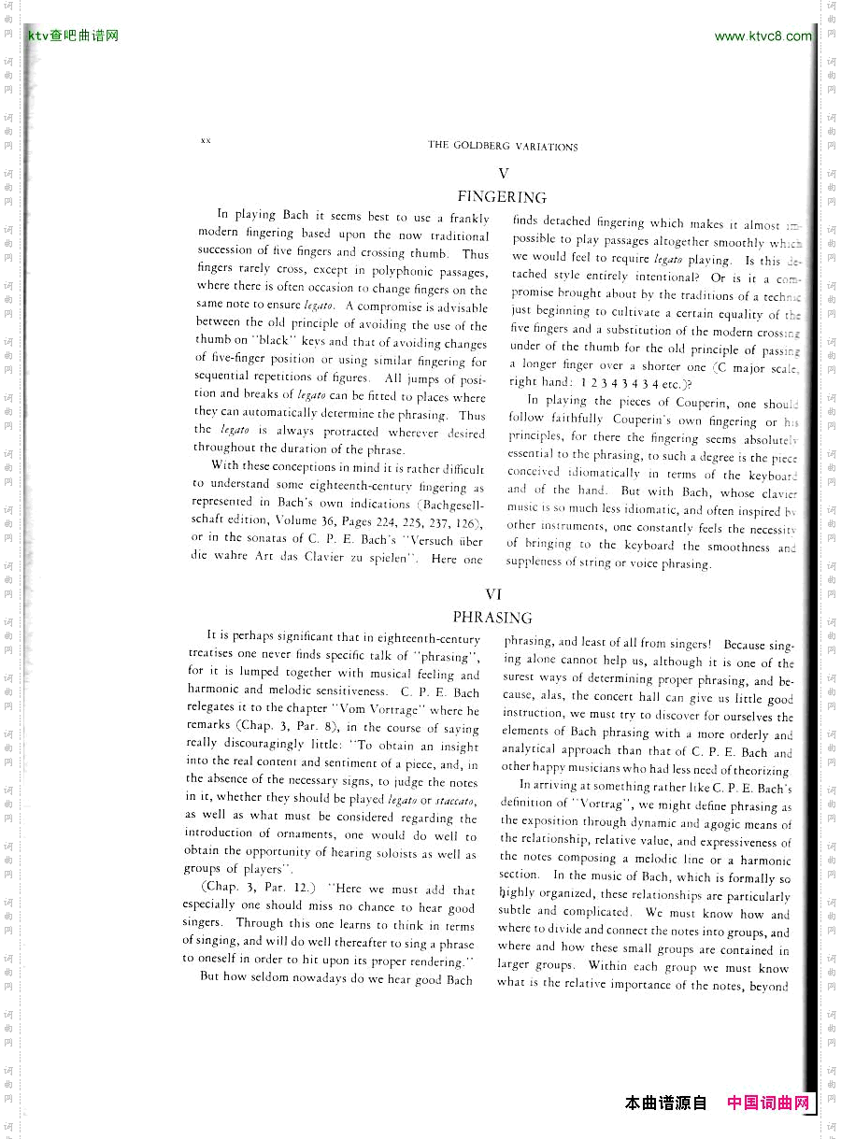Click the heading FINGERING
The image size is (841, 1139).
(502, 197)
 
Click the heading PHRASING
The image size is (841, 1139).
(492, 618)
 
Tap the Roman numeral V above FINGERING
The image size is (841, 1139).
(503, 173)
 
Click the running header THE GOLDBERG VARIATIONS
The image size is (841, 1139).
(503, 146)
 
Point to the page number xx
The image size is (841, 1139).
(206, 140)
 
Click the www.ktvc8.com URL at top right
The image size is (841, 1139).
(763, 36)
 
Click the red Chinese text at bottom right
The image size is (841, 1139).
(768, 1103)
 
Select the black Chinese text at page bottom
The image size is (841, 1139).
(665, 1103)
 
